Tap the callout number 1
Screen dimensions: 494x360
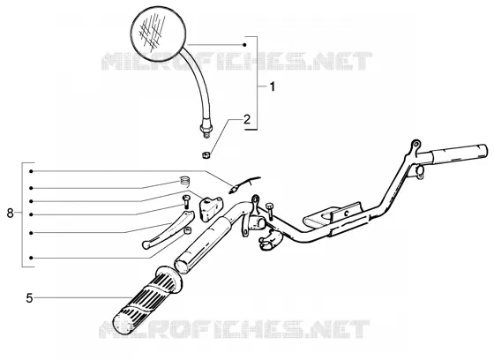(273, 86)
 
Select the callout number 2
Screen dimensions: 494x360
(247, 119)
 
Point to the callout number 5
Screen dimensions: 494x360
(29, 298)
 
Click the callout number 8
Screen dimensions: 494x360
(10, 214)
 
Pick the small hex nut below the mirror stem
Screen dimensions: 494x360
(206, 154)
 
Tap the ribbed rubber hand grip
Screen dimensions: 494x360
(147, 301)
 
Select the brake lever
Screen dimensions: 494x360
(168, 229)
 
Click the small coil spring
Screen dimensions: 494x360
(185, 181)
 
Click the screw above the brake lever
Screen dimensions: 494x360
(185, 201)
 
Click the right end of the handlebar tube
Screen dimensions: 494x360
(484, 151)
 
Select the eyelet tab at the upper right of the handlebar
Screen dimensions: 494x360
(415, 145)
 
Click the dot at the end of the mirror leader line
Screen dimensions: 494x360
(244, 45)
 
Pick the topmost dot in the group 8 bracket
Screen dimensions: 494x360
(31, 171)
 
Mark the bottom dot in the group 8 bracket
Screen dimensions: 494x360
(31, 258)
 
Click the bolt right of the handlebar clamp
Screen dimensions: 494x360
(270, 211)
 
